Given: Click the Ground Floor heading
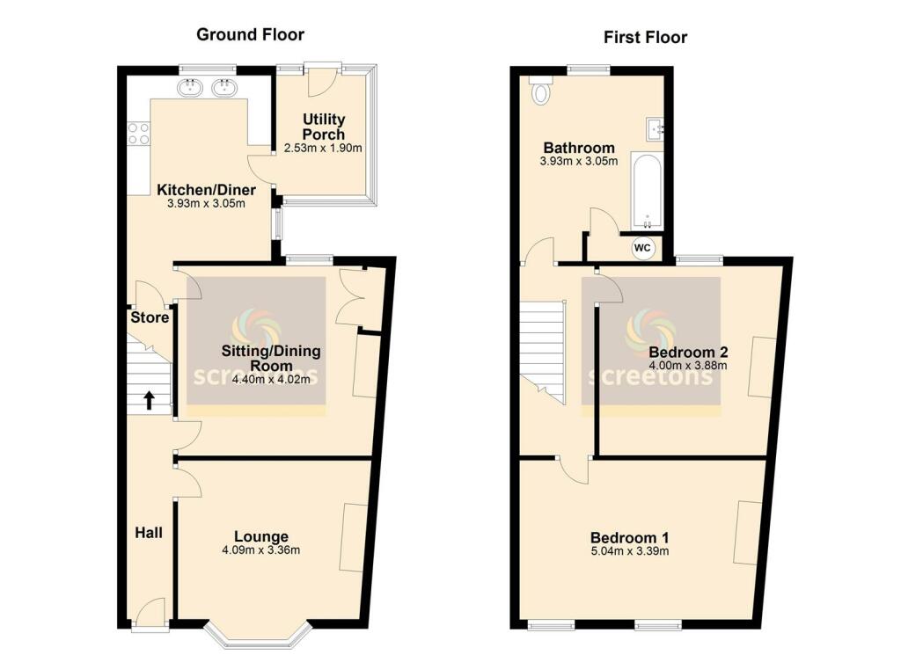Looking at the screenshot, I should pyautogui.click(x=250, y=35).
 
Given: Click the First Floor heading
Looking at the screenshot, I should pyautogui.click(x=645, y=37).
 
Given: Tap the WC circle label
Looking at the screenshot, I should pyautogui.click(x=642, y=249).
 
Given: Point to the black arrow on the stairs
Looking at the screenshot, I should pyautogui.click(x=149, y=401).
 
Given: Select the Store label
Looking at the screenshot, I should pyautogui.click(x=149, y=317).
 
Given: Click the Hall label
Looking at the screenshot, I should pyautogui.click(x=149, y=533).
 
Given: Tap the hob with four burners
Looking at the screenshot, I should pyautogui.click(x=139, y=133).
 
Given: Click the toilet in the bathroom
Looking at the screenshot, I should pyautogui.click(x=539, y=91).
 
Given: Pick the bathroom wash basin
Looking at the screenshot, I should pyautogui.click(x=655, y=129).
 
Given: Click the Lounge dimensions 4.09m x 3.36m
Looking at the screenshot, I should pyautogui.click(x=260, y=551).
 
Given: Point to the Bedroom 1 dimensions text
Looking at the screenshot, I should pyautogui.click(x=629, y=552).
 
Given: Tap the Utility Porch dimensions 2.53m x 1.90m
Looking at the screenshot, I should pyautogui.click(x=323, y=149).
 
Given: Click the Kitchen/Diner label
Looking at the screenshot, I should pyautogui.click(x=206, y=190).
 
